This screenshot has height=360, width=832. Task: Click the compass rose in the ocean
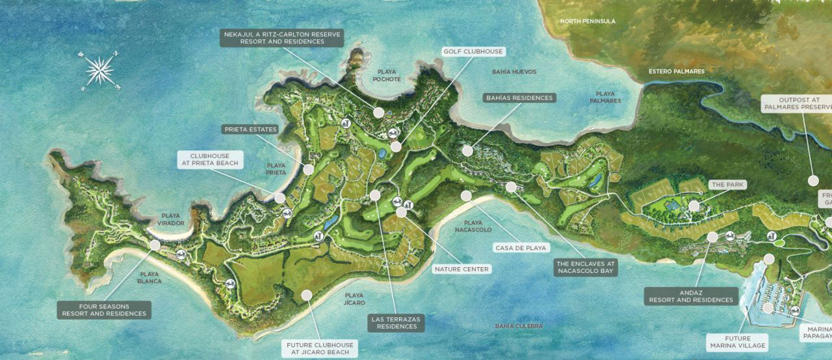99,69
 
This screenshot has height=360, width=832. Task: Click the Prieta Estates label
251,129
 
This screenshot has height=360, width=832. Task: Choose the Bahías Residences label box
519,98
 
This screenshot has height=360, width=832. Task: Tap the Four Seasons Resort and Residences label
104,310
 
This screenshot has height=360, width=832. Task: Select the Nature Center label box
461,269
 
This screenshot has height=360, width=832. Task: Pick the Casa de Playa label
522,248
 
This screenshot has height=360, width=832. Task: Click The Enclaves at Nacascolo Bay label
585,268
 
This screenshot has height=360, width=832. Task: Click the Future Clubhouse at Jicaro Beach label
320,349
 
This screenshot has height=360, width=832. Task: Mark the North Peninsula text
588,21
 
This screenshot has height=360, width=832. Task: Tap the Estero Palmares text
677,71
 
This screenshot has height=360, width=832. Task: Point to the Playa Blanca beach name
149,278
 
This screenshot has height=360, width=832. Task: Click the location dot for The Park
694,206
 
